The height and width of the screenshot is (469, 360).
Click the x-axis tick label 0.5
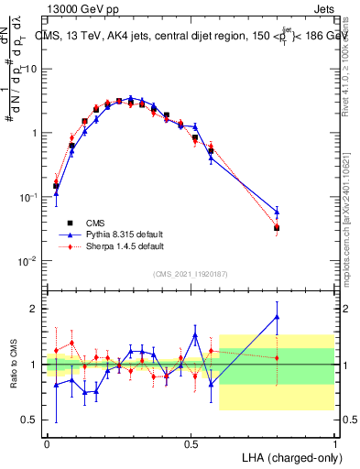click(x=191, y=442)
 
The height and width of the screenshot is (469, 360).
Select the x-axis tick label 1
click(x=334, y=442)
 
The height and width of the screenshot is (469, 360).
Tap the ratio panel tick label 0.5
click(x=30, y=420)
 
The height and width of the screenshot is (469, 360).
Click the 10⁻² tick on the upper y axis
click(x=27, y=261)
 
